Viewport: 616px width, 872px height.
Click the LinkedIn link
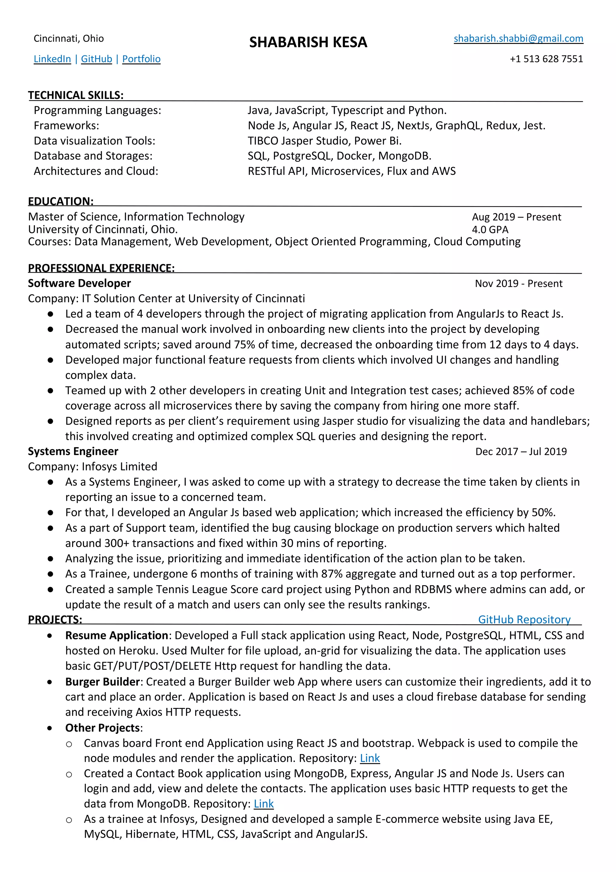tap(52, 59)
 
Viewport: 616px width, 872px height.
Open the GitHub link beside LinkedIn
tap(97, 59)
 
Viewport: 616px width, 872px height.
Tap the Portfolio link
tap(141, 59)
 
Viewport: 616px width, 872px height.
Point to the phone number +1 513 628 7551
tap(546, 59)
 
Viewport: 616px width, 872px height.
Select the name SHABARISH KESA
tap(308, 42)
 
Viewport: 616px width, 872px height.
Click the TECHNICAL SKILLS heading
tap(76, 95)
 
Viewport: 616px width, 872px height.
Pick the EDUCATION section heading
tap(61, 201)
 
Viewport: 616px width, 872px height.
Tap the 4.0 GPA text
tap(490, 229)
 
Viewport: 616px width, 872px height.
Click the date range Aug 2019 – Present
tap(516, 217)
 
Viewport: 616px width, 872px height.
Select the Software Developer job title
tap(79, 283)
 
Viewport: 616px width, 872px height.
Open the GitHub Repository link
tap(524, 620)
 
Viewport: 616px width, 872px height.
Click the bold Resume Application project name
tap(116, 635)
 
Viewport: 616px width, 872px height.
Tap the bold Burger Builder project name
tap(103, 682)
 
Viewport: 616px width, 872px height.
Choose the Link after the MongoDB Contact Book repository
tap(264, 804)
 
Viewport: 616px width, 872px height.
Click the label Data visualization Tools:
tap(94, 141)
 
